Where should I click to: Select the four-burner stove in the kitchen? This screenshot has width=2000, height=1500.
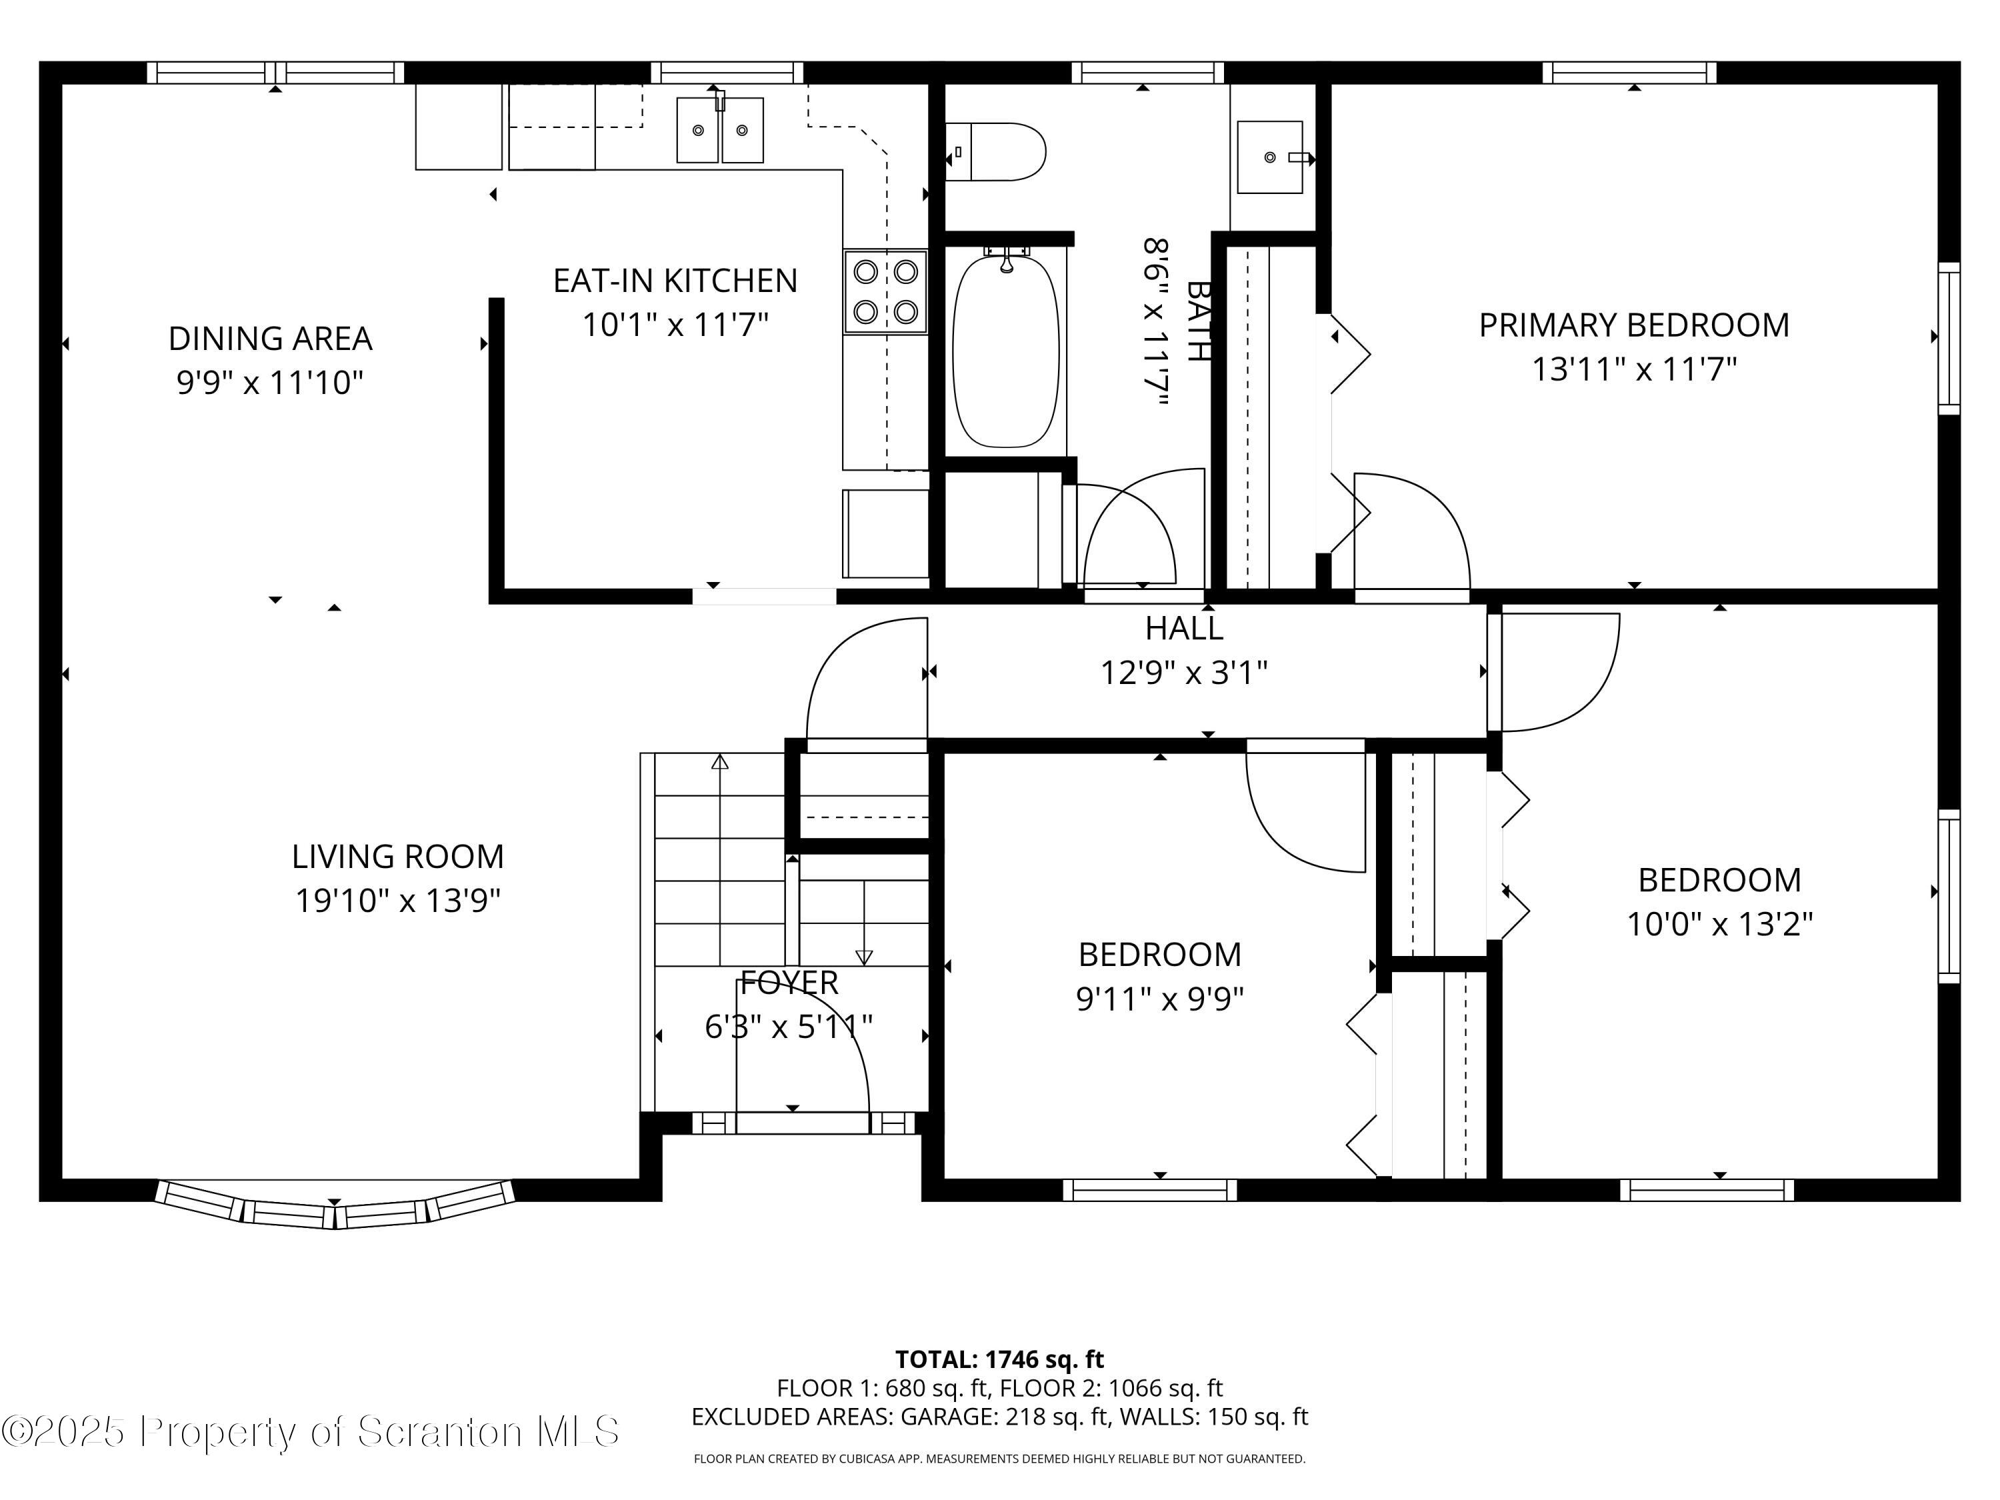pos(886,291)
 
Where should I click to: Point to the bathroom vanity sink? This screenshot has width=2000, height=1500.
pos(1269,157)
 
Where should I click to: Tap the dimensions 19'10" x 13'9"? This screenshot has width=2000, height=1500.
pos(398,901)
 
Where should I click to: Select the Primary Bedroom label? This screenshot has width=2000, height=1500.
pos(1633,325)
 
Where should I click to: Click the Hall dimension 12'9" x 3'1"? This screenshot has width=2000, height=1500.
pos(1183,673)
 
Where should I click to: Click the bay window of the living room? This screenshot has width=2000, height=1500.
pos(335,1205)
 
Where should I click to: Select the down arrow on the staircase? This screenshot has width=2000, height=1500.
pos(863,956)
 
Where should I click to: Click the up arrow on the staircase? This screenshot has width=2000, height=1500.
pos(720,761)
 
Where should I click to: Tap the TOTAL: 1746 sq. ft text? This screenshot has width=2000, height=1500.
pos(999,1359)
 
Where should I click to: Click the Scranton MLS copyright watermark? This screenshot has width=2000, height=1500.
pos(310,1432)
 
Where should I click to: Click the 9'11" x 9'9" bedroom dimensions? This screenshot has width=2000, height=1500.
pos(1159,999)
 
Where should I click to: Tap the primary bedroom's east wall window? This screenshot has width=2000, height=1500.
pos(1949,338)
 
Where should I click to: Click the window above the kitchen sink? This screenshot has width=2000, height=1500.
pos(727,72)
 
